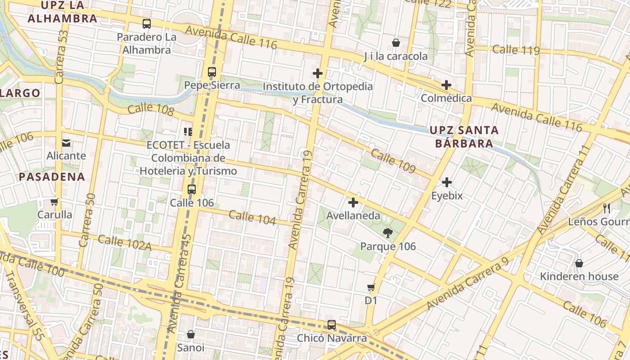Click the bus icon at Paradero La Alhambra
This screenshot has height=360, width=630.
(x=147, y=24)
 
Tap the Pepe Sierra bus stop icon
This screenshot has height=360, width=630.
(x=212, y=72)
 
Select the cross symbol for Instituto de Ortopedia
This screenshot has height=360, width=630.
(x=318, y=73)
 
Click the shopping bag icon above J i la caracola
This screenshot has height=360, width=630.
(x=396, y=43)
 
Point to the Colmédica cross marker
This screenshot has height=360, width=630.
(x=446, y=85)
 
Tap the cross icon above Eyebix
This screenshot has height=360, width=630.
(x=447, y=182)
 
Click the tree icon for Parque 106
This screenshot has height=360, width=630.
(x=387, y=233)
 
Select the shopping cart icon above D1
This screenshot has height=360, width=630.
(x=371, y=287)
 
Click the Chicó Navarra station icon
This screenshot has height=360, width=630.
(x=332, y=324)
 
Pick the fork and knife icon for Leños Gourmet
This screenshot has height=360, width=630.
(x=607, y=208)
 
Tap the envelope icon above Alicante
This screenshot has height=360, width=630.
(x=66, y=143)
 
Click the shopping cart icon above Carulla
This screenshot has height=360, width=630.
(x=54, y=202)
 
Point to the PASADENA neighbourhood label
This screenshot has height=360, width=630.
(x=52, y=177)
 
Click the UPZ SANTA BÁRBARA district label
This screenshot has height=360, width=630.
(x=464, y=137)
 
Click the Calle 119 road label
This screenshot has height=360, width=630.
(x=516, y=49)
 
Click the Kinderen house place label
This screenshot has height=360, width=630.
(x=579, y=276)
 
